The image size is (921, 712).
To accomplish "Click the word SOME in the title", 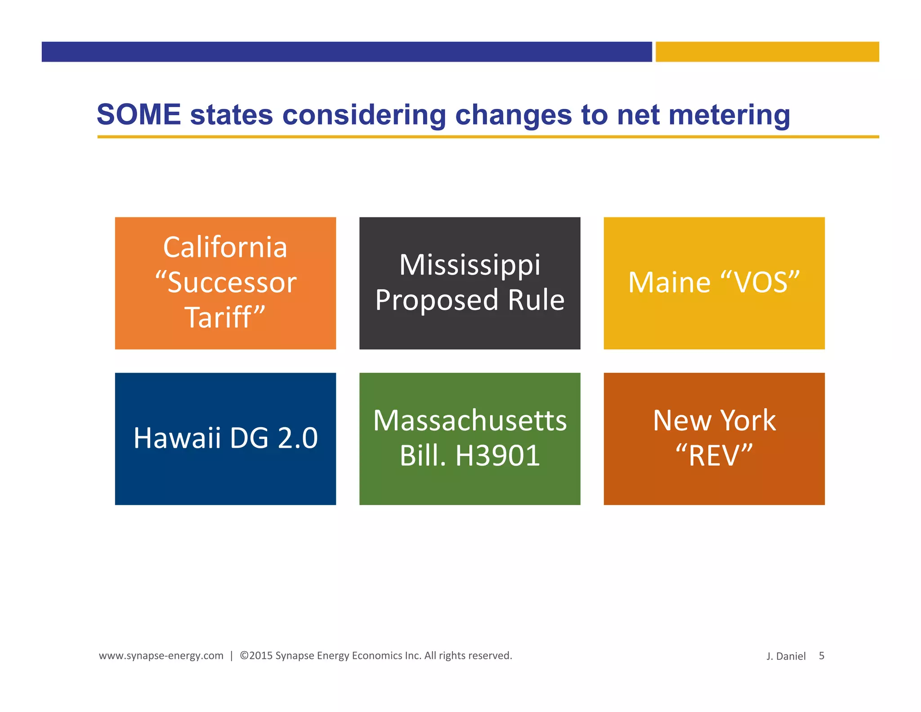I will [139, 115].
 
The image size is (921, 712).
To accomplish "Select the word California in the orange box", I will [225, 247].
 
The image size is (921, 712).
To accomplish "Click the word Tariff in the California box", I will [219, 317].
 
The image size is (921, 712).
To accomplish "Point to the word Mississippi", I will [469, 265].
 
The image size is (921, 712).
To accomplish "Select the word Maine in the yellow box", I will [669, 283].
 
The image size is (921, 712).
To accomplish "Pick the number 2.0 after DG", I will [298, 438].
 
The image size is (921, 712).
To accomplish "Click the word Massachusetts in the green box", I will [469, 421].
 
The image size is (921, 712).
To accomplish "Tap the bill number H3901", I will [497, 455].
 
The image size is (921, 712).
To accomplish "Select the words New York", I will [714, 421].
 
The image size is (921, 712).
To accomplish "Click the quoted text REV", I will [714, 455].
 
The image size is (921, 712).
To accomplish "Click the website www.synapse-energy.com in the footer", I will [161, 656].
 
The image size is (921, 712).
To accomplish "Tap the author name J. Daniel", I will [786, 656].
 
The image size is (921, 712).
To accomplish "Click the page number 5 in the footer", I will [821, 656].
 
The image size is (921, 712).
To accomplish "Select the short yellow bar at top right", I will [767, 52].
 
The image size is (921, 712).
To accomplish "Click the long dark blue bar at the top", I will [346, 52].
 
